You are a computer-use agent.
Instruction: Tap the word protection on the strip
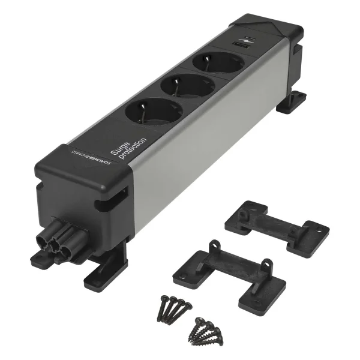(x=133, y=149)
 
